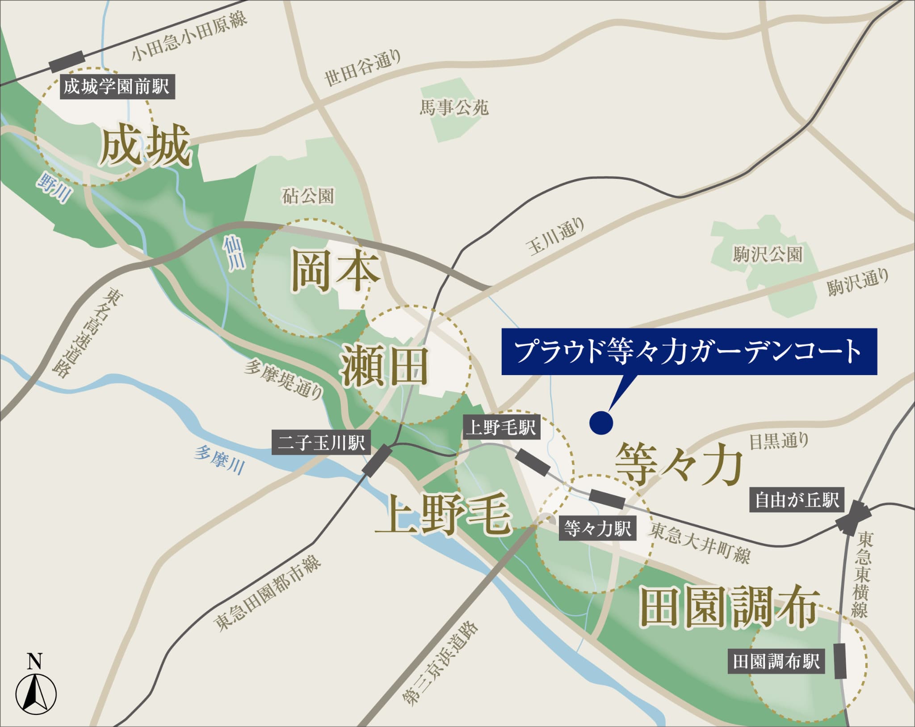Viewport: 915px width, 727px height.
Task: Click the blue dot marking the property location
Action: tap(600, 422)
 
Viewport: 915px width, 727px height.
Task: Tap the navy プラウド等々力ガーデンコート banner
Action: tap(689, 352)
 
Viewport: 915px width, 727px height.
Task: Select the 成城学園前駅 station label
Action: tap(117, 86)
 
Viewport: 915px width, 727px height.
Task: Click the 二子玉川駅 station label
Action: tap(321, 443)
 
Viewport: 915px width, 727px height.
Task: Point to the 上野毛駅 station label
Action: tap(501, 427)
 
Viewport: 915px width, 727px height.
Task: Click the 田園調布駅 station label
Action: tap(776, 661)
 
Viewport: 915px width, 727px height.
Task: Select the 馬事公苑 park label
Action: tap(454, 108)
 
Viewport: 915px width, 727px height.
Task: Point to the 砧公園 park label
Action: tap(308, 196)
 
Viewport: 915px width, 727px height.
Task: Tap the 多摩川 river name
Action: tap(219, 460)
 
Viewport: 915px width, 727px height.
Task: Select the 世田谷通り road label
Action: tap(362, 68)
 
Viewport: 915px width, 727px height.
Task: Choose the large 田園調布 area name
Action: tap(730, 607)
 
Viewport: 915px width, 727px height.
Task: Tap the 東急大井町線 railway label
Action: tap(700, 543)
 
